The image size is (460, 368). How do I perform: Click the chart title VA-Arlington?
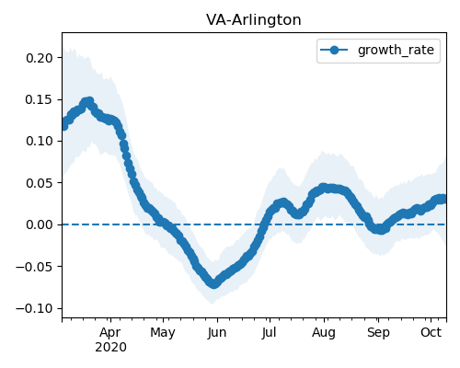(254, 20)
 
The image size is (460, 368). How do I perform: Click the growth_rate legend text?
(396, 50)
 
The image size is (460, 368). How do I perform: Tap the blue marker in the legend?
(334, 50)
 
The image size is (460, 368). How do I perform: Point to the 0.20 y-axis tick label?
(40, 58)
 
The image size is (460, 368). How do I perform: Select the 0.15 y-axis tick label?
(40, 99)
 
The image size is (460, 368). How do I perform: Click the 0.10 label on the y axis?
(40, 141)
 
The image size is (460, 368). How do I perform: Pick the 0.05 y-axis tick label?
(40, 183)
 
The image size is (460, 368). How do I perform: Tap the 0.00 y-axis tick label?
(40, 224)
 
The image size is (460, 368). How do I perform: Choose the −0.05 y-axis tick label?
(34, 267)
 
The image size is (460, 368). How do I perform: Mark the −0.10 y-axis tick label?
(34, 308)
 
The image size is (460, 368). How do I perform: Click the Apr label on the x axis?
(110, 333)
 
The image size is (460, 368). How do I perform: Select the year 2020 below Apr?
(110, 348)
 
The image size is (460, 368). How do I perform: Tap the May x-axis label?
(163, 333)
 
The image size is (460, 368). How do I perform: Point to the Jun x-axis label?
(217, 333)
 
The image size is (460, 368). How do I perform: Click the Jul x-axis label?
(269, 333)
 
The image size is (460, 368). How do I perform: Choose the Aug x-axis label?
(324, 333)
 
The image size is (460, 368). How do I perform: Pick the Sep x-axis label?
(378, 333)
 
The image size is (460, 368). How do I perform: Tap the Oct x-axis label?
(431, 332)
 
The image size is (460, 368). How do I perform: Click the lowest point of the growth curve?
(213, 283)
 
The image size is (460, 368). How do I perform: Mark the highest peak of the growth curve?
(89, 101)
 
